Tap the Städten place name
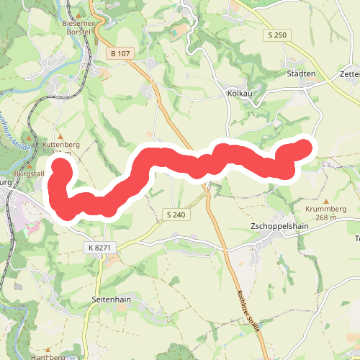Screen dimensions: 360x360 301,73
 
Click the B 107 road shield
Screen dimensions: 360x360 122,53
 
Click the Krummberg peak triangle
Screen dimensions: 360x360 326,202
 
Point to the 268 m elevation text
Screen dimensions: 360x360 326,217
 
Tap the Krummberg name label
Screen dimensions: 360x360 326,210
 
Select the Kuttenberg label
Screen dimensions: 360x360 60,145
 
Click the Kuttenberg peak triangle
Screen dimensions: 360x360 60,136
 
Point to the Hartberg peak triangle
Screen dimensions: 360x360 50,348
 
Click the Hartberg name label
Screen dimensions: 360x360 49,356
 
